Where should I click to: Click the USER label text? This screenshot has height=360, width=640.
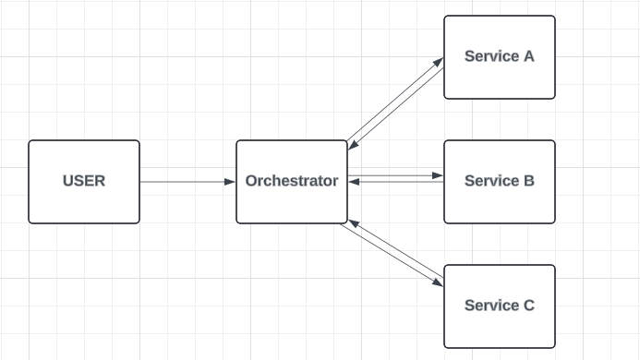(84, 181)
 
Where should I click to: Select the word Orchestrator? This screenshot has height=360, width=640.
(292, 181)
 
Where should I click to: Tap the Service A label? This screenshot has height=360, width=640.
(500, 56)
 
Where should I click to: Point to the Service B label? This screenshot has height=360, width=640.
(500, 181)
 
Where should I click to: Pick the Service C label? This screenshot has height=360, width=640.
(500, 306)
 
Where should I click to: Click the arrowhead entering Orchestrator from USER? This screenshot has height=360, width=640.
(230, 182)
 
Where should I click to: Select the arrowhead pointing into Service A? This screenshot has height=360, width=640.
(438, 62)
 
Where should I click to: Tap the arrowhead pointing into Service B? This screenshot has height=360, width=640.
(438, 175)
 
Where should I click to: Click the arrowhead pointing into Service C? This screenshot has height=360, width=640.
(438, 282)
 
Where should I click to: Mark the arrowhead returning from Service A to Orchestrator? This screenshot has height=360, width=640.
(354, 145)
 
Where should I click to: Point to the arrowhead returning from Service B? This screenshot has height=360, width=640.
(354, 182)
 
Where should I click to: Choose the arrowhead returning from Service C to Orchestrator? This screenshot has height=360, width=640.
(354, 223)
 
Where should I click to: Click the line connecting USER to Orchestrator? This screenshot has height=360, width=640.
(187, 182)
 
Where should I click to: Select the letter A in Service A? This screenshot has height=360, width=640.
(528, 56)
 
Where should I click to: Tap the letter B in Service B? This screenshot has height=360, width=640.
(529, 181)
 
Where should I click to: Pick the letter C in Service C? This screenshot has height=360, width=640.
(529, 306)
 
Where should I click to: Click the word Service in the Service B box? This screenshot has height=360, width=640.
(491, 181)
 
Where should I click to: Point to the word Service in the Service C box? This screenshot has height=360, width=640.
(491, 306)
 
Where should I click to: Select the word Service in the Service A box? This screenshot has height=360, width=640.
(491, 56)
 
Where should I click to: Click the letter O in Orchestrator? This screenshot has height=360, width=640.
(251, 181)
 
